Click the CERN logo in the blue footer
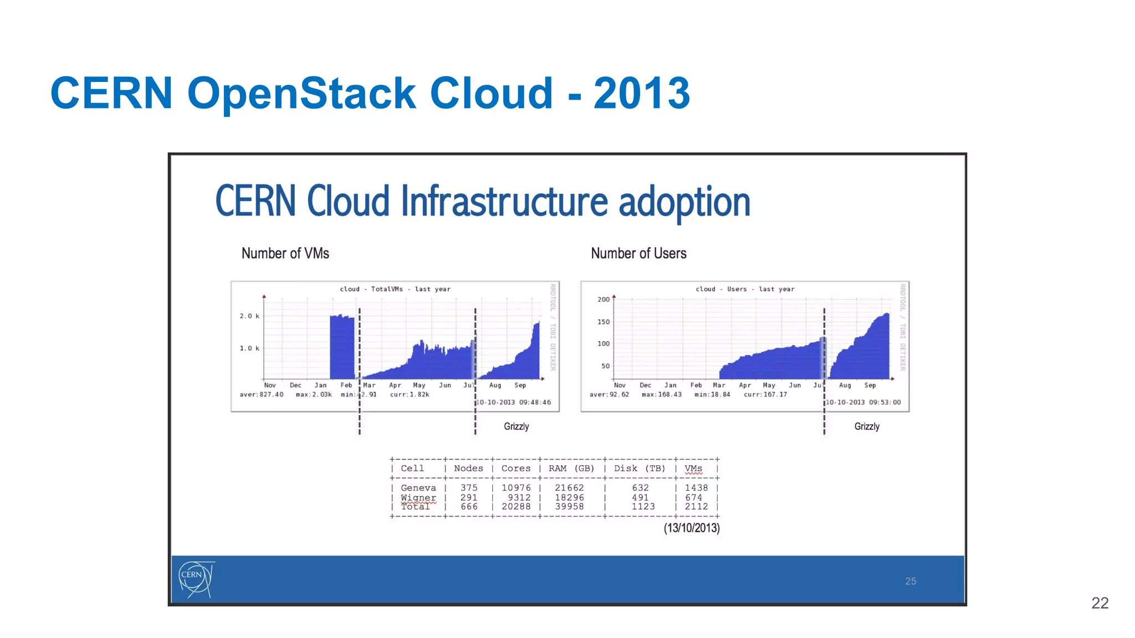coord(196,579)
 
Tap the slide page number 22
coord(1100,603)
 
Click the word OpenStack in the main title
coord(301,93)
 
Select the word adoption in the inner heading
coord(684,202)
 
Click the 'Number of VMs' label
coord(285,253)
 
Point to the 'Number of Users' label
coord(638,253)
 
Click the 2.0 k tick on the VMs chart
coord(249,316)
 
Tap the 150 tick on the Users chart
coord(603,322)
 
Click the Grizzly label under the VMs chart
coord(516,426)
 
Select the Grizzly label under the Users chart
coord(866,426)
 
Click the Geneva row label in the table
coord(418,488)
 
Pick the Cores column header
coord(515,469)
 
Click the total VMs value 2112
coord(696,507)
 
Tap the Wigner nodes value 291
coord(469,497)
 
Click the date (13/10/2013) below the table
coord(691,528)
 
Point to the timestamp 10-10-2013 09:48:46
coord(514,403)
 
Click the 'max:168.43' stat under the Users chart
coord(661,395)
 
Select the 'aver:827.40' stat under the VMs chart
coord(261,395)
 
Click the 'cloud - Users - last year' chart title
coord(744,289)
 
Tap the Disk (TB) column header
coord(639,469)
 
